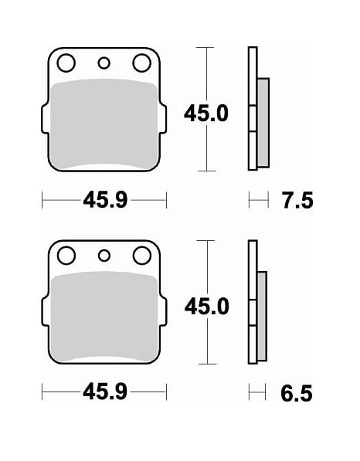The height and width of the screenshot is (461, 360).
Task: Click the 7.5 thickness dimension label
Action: click(297, 202)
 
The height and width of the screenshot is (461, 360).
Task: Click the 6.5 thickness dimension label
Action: click(297, 394)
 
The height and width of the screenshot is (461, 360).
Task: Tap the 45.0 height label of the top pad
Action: click(206, 114)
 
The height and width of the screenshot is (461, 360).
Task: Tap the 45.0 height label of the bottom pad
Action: click(206, 307)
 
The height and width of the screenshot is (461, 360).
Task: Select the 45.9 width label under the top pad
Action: click(105, 202)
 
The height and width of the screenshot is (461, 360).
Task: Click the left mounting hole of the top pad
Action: click(66, 63)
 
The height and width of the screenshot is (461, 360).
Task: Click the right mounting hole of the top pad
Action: click(141, 63)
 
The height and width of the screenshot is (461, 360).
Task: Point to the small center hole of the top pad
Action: click(104, 63)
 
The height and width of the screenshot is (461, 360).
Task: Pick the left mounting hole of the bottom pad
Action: click(66, 255)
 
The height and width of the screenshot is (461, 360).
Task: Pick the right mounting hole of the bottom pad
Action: click(141, 255)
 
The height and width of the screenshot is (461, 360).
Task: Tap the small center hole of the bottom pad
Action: click(104, 256)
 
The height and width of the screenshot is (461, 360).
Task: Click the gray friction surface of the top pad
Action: click(104, 124)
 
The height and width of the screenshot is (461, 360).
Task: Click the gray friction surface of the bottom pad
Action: click(104, 317)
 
